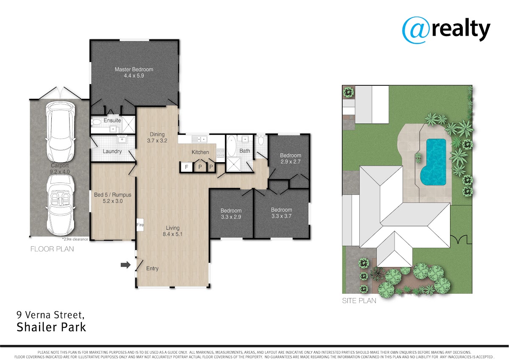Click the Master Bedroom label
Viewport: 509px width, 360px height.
point(134,69)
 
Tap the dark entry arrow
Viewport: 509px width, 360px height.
point(126,265)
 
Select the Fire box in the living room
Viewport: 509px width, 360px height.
point(140,225)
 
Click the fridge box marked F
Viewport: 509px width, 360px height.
point(187,167)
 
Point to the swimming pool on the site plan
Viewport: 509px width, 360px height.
point(433,162)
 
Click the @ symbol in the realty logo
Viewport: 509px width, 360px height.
point(416,30)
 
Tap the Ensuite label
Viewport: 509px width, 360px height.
point(112,120)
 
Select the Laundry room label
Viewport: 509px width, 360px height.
point(112,151)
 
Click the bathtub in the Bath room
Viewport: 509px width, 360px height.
point(232,146)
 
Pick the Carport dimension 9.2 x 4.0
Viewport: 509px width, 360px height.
point(60,172)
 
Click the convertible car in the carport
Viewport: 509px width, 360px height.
point(60,206)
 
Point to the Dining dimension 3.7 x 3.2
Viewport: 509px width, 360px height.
point(157,141)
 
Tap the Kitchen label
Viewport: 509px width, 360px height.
point(200,152)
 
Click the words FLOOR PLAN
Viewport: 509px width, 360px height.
point(52,249)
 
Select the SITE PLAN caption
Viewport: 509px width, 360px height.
point(359,301)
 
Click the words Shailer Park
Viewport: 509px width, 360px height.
point(51,327)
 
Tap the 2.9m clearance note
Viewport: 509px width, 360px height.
point(75,239)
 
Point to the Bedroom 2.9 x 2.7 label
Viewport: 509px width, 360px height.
point(291,158)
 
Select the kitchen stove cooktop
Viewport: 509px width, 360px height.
point(221,153)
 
